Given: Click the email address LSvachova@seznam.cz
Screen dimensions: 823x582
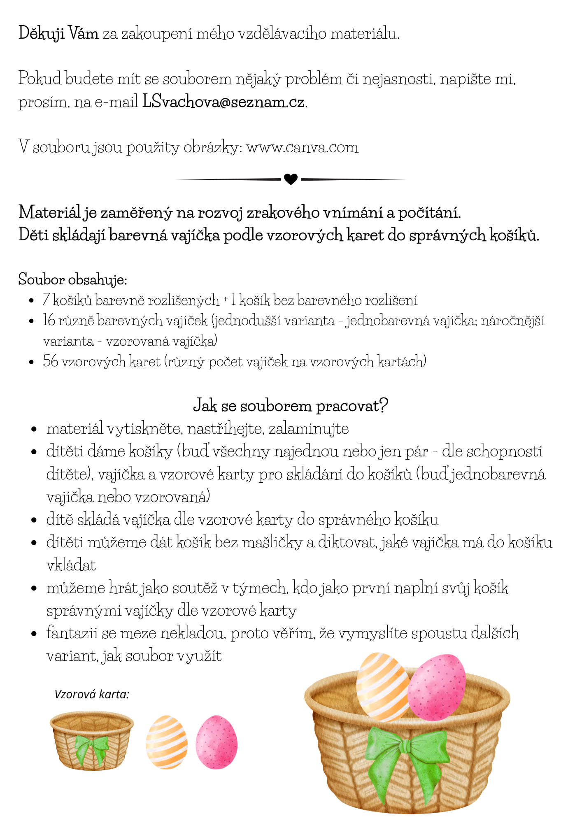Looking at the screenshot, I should pyautogui.click(x=224, y=102).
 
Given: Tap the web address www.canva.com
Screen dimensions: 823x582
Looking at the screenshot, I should pyautogui.click(x=302, y=147).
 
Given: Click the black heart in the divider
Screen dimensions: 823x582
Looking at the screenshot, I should pyautogui.click(x=291, y=179).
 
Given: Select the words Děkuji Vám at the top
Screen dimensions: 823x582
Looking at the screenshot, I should pyautogui.click(x=58, y=33).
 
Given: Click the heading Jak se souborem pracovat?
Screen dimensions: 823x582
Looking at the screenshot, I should pyautogui.click(x=291, y=406).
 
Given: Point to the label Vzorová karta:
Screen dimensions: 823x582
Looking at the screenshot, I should pyautogui.click(x=92, y=694).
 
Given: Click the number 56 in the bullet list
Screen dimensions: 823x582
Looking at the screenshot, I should pyautogui.click(x=50, y=361).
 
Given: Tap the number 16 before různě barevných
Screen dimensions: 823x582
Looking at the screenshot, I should pyautogui.click(x=49, y=321).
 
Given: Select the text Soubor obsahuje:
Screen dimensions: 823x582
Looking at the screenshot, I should pyautogui.click(x=72, y=279).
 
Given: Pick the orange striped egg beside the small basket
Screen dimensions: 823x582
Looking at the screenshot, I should pyautogui.click(x=167, y=742).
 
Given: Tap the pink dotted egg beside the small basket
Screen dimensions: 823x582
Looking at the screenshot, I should pyautogui.click(x=217, y=742).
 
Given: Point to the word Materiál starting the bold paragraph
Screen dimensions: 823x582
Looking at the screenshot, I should pyautogui.click(x=50, y=213).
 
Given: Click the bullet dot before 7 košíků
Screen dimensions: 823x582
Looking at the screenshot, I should pyautogui.click(x=32, y=301).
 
